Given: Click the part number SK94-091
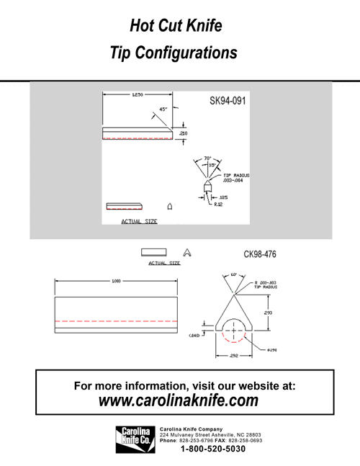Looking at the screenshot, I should [228, 102].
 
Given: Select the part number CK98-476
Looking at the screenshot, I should [260, 254].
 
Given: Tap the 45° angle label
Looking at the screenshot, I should [164, 109].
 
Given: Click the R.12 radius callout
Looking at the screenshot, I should [219, 204].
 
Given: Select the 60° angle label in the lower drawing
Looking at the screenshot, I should [234, 274].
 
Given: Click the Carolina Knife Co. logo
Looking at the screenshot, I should [135, 439].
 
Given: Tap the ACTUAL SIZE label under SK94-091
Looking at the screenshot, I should [139, 221].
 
